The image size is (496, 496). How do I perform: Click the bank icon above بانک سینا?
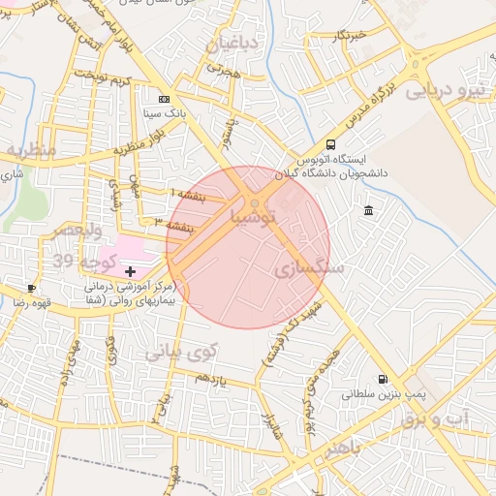click(164, 99)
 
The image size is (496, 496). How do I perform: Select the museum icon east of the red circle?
click(369, 210)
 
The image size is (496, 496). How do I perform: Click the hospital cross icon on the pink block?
click(130, 272)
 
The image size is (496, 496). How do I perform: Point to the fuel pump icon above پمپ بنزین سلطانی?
click(382, 379)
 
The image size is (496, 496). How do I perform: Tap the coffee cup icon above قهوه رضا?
click(32, 288)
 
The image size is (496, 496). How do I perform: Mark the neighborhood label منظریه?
click(29, 150)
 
